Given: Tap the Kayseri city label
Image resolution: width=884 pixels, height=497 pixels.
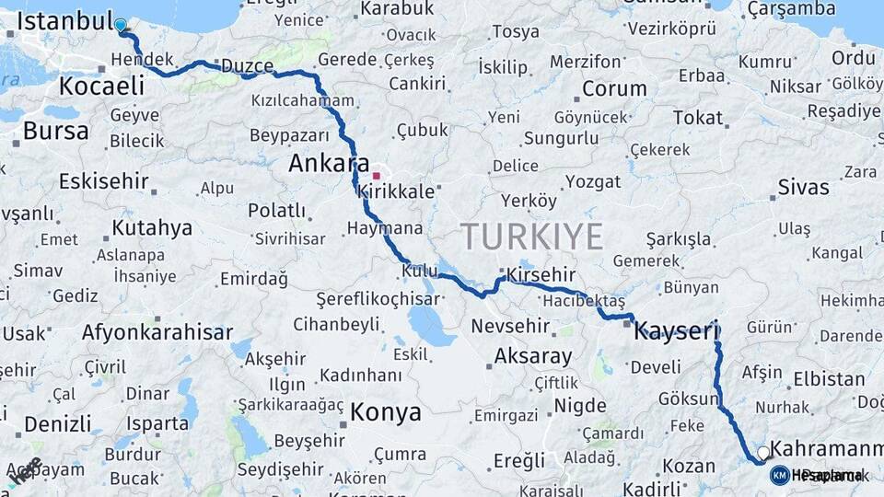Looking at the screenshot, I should coord(675,331).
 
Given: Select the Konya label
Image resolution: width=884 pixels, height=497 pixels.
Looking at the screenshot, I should coord(386,411).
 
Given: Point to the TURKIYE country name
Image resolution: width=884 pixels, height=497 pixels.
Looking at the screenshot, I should coord(532,237).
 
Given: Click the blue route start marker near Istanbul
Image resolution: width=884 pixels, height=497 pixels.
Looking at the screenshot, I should coord(121,25).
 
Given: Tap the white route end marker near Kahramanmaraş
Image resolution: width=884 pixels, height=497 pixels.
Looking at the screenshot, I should coord(763,453).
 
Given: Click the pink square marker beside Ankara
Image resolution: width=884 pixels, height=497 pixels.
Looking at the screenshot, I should coord(376,174).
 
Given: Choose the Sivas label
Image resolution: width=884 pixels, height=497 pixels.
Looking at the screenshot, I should coord(803,188).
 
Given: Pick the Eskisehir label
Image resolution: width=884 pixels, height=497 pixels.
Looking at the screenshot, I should coord(104,180).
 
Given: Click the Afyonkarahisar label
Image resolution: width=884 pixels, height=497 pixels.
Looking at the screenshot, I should coord(157,332).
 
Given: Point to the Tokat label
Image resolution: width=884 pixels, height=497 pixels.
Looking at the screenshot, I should coord(698,117).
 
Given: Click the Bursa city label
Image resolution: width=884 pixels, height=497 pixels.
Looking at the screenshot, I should coord(55,131).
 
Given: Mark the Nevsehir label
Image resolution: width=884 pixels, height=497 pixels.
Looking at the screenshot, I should coord(511,326).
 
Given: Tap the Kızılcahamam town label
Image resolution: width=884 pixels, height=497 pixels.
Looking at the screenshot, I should coord(302,100).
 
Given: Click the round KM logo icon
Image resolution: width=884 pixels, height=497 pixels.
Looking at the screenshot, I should coord(779,475).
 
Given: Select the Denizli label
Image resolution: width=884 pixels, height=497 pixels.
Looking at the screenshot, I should coord(57,424).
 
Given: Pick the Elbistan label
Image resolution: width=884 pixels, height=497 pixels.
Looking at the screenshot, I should coord(829,378).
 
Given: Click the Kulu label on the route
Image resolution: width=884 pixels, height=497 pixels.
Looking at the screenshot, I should coord(419,271).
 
